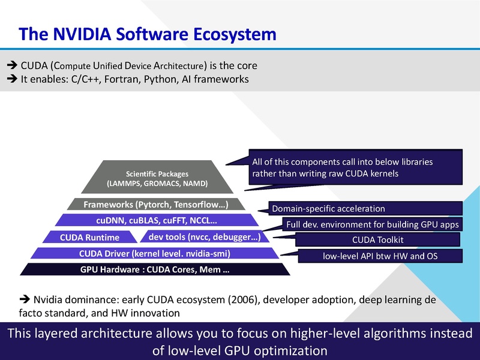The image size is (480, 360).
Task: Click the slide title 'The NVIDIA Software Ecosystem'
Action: coord(148,34)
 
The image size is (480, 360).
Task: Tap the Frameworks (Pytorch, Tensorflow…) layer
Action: coord(155,205)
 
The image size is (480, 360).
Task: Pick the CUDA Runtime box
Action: coord(89,237)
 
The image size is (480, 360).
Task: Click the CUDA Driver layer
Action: coord(155,253)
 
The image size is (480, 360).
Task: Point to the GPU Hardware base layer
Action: coord(155,269)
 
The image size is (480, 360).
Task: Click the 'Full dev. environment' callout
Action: coord(373,224)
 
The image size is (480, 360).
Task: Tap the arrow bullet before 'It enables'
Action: coord(11,79)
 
